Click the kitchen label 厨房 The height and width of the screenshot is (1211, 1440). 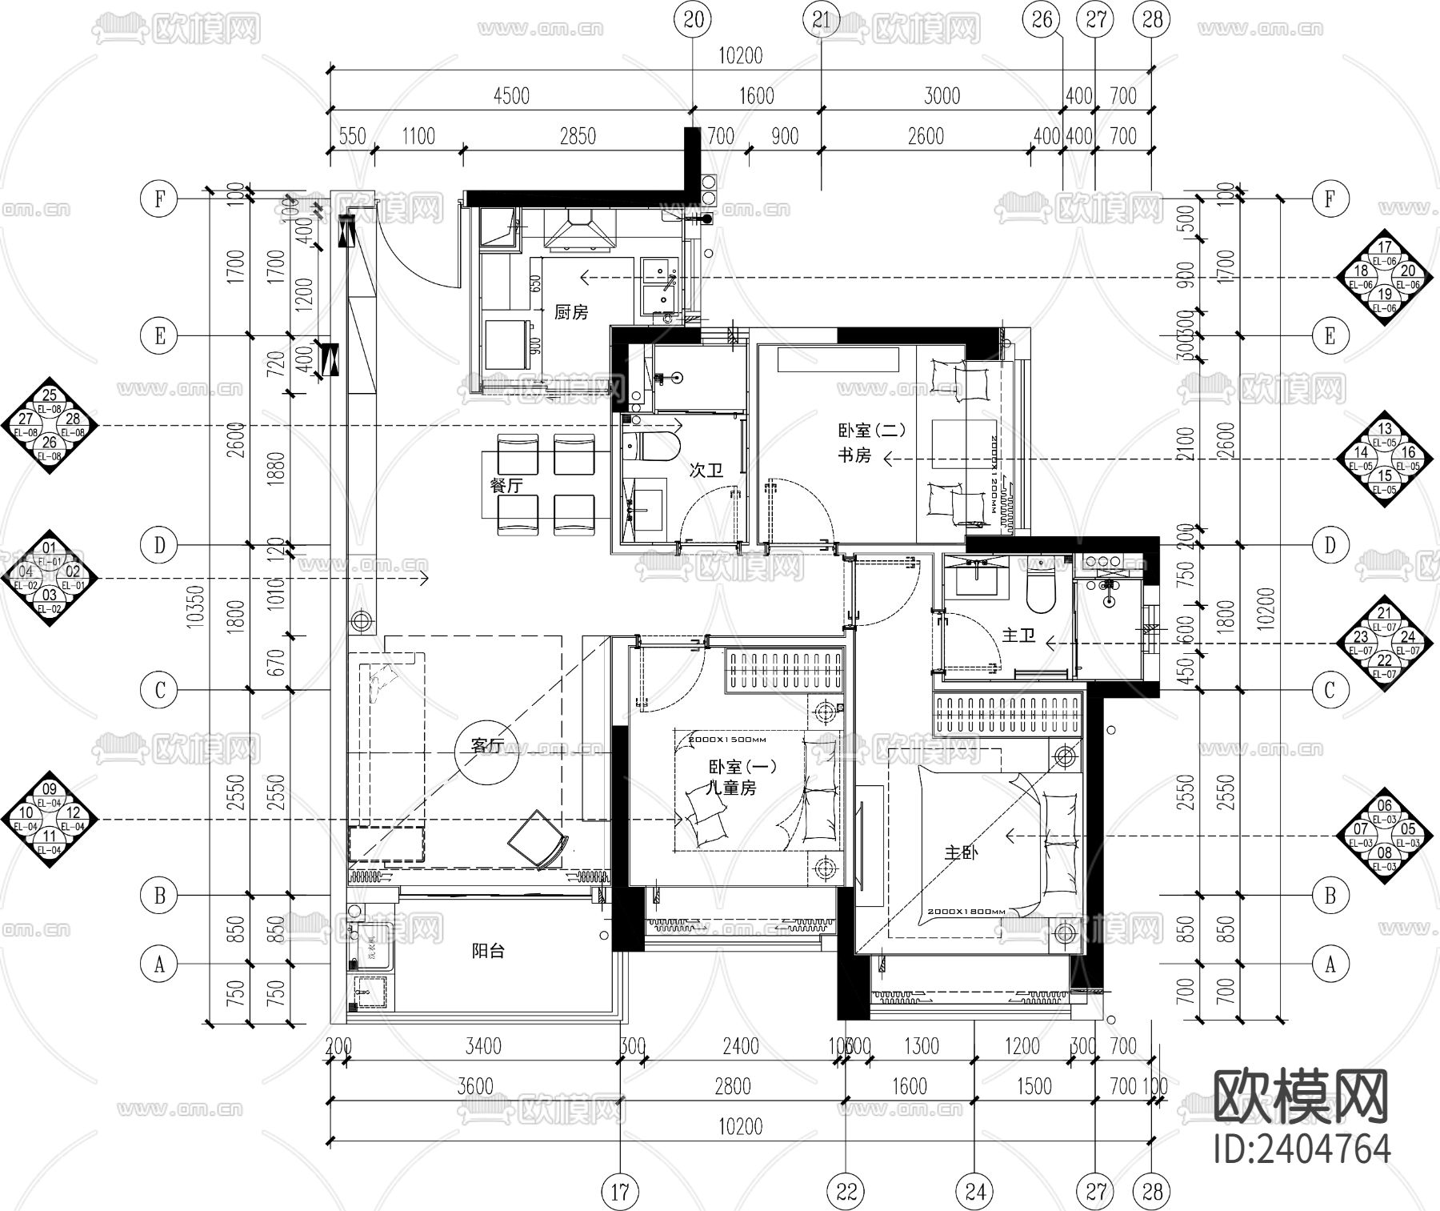pyautogui.click(x=571, y=312)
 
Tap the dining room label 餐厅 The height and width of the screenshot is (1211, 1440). pyautogui.click(x=506, y=486)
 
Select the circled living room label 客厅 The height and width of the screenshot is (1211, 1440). pyautogui.click(x=487, y=746)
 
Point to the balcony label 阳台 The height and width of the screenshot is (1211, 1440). pyautogui.click(x=487, y=952)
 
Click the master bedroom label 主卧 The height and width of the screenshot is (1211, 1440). pyautogui.click(x=961, y=853)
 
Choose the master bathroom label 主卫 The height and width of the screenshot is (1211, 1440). pyautogui.click(x=1018, y=636)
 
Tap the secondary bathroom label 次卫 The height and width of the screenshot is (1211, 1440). pyautogui.click(x=706, y=471)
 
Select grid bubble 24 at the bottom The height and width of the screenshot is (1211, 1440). pyautogui.click(x=975, y=1192)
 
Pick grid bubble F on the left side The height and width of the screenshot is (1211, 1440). pyautogui.click(x=159, y=198)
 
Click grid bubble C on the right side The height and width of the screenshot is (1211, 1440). pyautogui.click(x=1330, y=690)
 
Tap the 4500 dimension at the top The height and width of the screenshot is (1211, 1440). pyautogui.click(x=511, y=96)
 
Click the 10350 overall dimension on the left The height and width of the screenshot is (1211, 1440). pyautogui.click(x=197, y=609)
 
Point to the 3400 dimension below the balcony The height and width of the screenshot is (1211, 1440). pyautogui.click(x=482, y=1046)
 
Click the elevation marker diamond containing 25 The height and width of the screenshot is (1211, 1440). pyautogui.click(x=50, y=425)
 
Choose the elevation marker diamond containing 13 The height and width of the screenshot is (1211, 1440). pyautogui.click(x=1385, y=459)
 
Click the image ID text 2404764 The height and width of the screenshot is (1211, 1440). pyautogui.click(x=1302, y=1149)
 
